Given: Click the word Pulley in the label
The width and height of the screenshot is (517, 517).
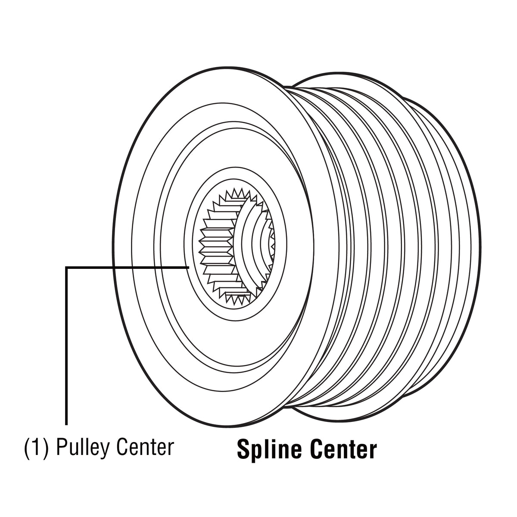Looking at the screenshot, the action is (x=83, y=447).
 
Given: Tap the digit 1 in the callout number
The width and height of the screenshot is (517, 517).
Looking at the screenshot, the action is (x=37, y=447).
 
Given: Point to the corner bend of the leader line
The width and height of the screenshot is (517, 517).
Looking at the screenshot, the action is (x=66, y=267).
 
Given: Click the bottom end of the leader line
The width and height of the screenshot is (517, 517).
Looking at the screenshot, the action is (x=66, y=425).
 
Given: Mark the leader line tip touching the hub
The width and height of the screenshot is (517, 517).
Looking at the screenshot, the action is (x=189, y=267).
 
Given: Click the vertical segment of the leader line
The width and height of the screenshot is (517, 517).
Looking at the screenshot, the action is (x=66, y=346).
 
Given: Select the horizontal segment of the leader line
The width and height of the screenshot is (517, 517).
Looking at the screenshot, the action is (x=128, y=267).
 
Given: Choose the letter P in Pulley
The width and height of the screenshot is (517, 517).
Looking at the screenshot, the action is (x=62, y=447).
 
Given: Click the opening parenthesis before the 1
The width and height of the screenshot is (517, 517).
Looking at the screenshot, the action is (x=28, y=448).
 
